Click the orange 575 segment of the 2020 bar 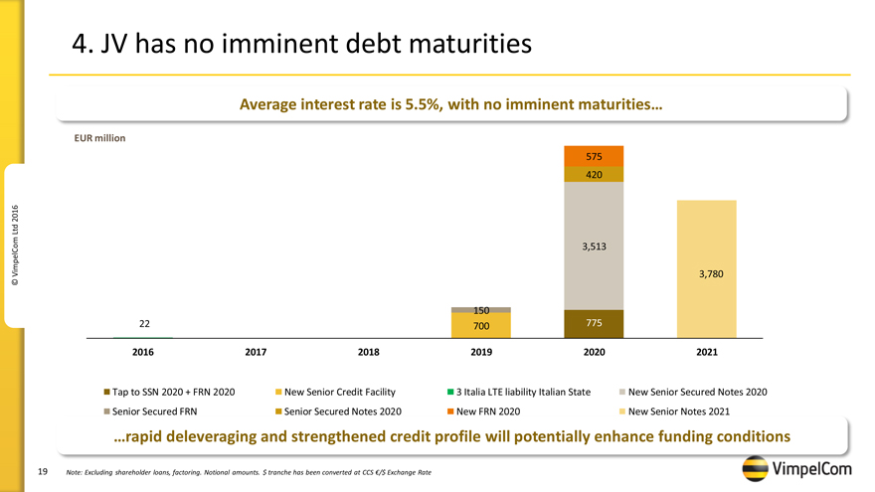594,156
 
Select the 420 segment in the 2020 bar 594,174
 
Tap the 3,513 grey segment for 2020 594,246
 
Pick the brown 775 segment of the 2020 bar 594,324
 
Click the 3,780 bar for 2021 706,269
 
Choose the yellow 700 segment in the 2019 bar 480,326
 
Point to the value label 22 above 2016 144,324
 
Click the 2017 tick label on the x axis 256,352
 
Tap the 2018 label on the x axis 368,352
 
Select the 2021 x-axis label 706,352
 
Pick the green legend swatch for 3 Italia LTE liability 450,392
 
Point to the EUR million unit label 99,138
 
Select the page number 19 43,470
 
